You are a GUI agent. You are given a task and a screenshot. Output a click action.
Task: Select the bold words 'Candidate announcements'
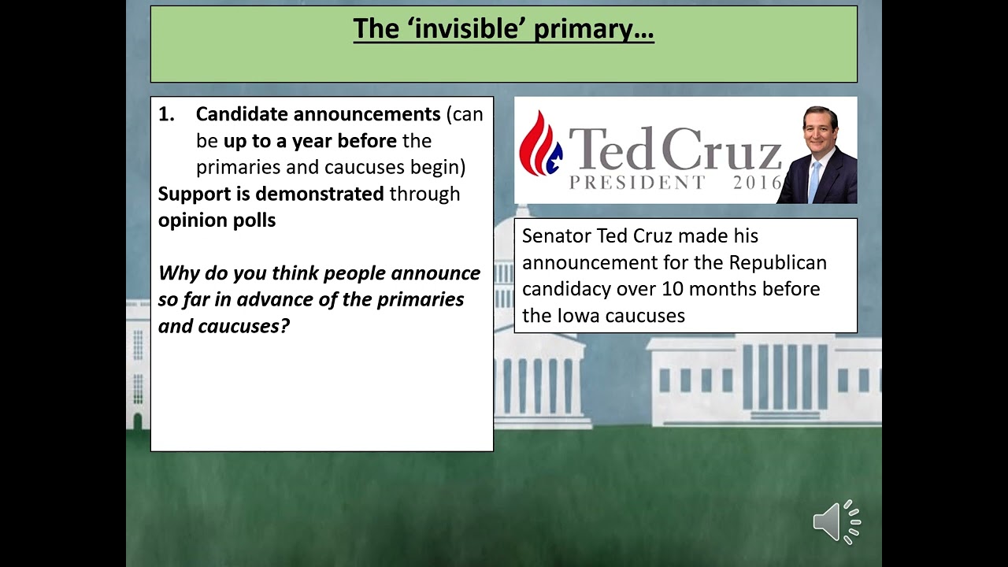click(x=317, y=114)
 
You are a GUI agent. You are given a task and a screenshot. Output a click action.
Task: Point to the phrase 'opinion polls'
click(x=217, y=220)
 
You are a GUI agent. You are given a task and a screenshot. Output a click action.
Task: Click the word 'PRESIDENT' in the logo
click(x=638, y=183)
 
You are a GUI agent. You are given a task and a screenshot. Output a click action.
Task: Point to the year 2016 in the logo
click(x=757, y=183)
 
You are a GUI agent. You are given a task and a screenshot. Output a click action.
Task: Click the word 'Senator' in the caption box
click(x=556, y=236)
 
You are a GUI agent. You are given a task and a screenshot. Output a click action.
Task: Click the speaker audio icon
click(x=836, y=521)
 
